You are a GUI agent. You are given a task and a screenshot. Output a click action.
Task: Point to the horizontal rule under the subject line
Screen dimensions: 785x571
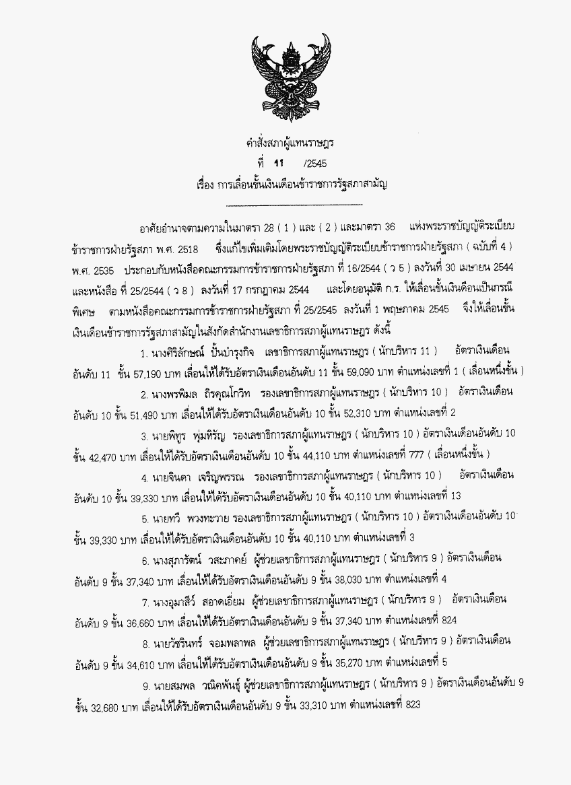294,204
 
